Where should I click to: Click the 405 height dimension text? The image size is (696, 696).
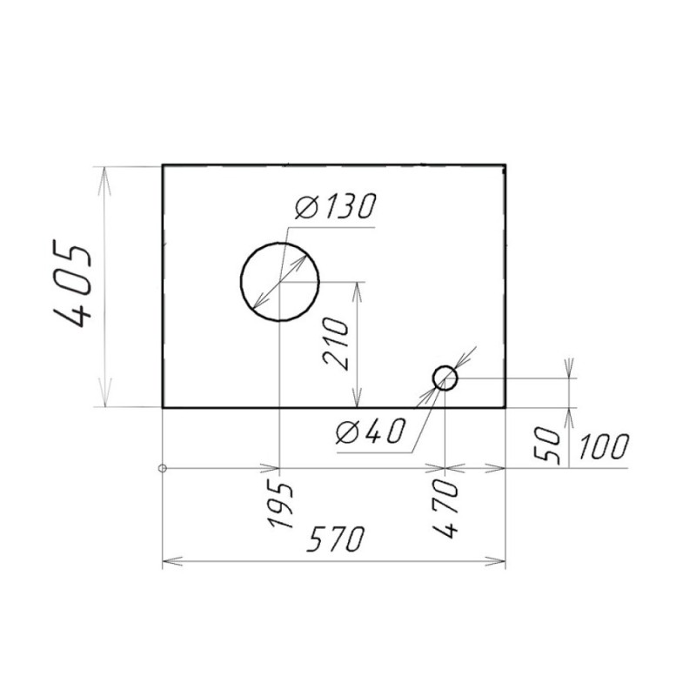(x=72, y=284)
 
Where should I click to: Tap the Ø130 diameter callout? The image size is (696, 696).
(x=336, y=206)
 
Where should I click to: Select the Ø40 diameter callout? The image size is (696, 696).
(x=371, y=431)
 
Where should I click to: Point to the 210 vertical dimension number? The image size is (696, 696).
(x=337, y=344)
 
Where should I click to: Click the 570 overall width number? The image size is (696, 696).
(x=336, y=539)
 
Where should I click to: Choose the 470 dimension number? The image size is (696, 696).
(x=445, y=509)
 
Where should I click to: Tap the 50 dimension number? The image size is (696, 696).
(x=547, y=446)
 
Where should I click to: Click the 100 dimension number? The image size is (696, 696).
(x=604, y=446)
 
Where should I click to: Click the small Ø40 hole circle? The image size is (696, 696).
(x=445, y=366)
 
